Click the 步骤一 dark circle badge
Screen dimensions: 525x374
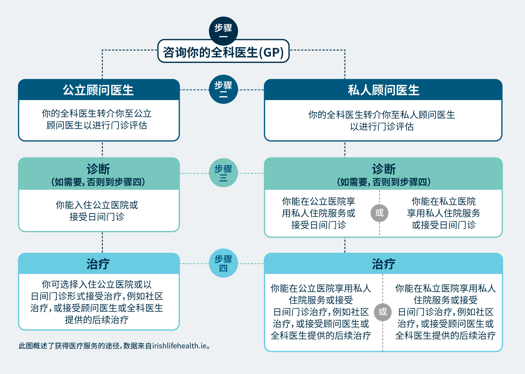click(x=223, y=31)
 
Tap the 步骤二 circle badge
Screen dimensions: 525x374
click(x=223, y=89)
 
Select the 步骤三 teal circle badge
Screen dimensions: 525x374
click(x=223, y=173)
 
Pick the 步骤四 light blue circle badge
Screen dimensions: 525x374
click(x=223, y=263)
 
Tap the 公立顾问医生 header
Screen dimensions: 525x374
click(x=99, y=90)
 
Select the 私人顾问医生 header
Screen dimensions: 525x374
click(x=383, y=90)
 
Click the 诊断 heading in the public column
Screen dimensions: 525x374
click(x=98, y=169)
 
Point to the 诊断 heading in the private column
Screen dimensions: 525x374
click(x=384, y=169)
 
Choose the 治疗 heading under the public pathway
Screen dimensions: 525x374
click(x=98, y=264)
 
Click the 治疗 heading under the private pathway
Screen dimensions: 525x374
click(x=384, y=264)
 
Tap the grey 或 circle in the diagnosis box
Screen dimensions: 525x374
click(x=379, y=213)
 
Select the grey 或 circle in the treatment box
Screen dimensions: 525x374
click(x=383, y=312)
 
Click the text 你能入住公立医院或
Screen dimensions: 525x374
click(x=97, y=205)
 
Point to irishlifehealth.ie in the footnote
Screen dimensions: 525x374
click(x=179, y=346)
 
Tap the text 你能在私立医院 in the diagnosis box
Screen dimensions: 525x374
click(x=444, y=201)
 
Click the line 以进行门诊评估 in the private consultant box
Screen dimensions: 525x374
click(x=382, y=127)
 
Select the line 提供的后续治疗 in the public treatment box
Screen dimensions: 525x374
click(x=97, y=320)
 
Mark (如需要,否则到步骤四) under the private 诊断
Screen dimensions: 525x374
click(x=384, y=182)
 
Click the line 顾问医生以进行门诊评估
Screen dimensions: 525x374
click(x=97, y=125)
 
